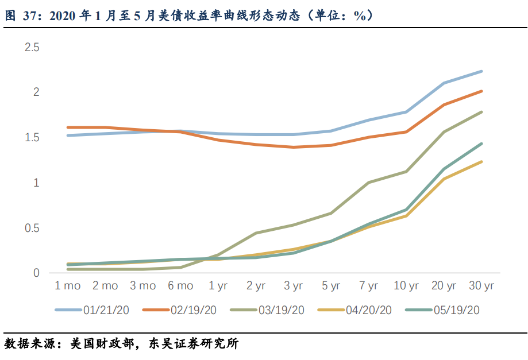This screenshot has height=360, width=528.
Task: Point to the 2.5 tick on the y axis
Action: tap(32, 47)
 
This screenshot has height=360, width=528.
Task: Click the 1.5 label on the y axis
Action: tap(32, 138)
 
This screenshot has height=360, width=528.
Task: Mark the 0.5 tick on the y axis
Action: tap(32, 228)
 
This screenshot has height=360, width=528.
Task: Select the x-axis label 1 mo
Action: tap(68, 286)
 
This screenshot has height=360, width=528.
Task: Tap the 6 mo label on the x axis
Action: tap(180, 286)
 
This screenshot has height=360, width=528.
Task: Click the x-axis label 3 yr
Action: tap(293, 286)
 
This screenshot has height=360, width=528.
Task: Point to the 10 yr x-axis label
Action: tap(406, 286)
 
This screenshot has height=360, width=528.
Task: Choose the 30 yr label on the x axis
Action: tap(481, 286)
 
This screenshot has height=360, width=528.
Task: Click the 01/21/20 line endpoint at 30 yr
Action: tap(481, 71)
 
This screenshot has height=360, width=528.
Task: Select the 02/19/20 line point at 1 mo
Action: tap(68, 127)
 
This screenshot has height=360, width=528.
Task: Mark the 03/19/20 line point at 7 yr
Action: tap(368, 183)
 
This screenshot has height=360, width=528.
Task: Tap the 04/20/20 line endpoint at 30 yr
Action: tap(481, 162)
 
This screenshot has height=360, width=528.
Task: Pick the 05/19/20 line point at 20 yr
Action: tap(444, 169)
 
